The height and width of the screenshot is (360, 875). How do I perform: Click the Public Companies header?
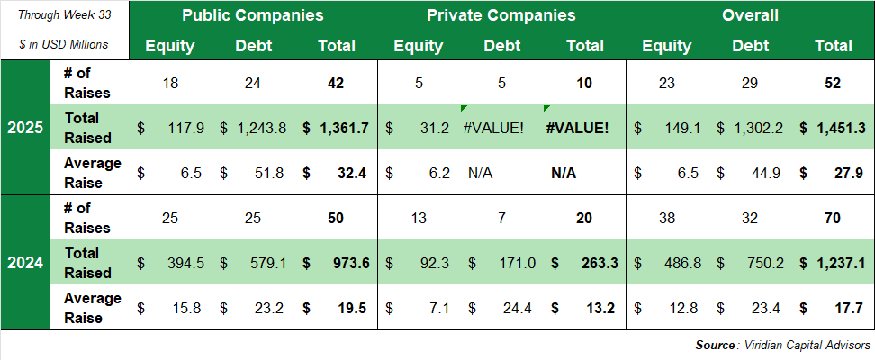click(252, 15)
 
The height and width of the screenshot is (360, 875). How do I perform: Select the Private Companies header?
click(501, 15)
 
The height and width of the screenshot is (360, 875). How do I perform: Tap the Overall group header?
click(750, 15)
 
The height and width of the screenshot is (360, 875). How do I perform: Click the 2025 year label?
click(24, 128)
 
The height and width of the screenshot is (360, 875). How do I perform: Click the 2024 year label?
click(24, 263)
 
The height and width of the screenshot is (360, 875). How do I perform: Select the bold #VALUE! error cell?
click(576, 128)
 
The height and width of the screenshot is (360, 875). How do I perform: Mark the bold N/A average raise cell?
click(564, 173)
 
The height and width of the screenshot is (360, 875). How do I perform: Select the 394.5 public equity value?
click(186, 263)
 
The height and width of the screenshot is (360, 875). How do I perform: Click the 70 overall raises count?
click(832, 218)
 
